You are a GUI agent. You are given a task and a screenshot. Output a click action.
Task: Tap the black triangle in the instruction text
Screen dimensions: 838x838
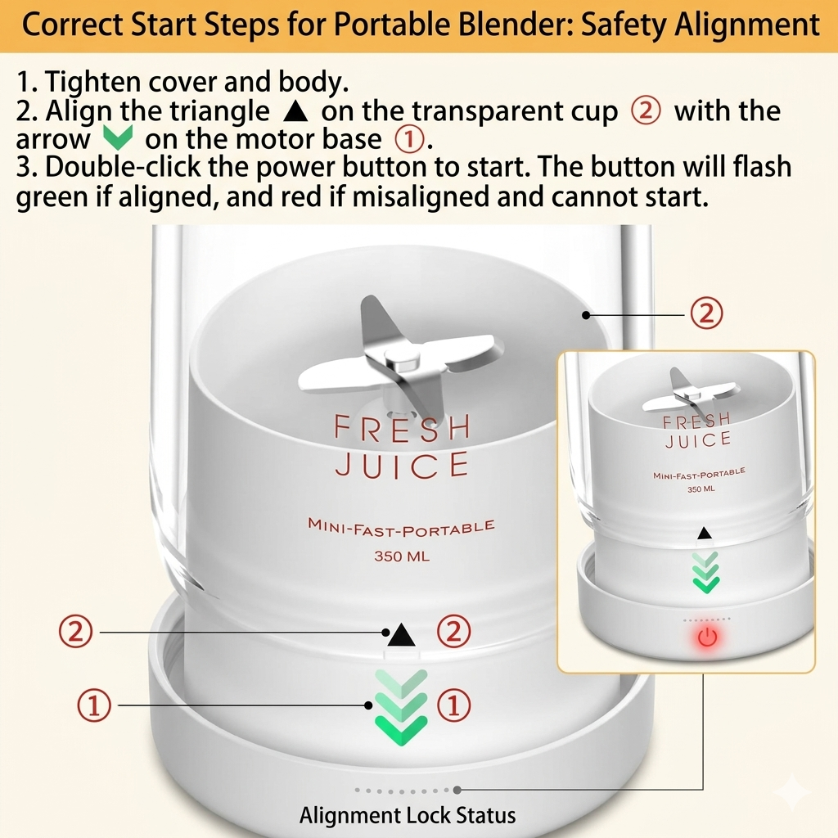pyautogui.click(x=295, y=110)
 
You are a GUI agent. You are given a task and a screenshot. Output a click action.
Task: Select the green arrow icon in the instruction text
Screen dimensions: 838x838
pyautogui.click(x=118, y=138)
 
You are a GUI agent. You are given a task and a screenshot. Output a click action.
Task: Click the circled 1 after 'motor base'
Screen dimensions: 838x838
pyautogui.click(x=409, y=139)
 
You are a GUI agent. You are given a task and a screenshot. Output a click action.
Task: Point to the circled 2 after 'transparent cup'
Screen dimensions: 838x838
pyautogui.click(x=646, y=111)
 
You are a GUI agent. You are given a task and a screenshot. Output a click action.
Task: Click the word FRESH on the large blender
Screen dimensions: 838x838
pyautogui.click(x=402, y=427)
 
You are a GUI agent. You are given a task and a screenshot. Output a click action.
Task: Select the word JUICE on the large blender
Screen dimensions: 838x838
pyautogui.click(x=402, y=464)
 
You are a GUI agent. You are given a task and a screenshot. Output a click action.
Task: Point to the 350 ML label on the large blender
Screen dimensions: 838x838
pyautogui.click(x=402, y=556)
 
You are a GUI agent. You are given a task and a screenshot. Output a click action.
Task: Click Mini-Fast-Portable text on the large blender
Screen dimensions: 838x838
pyautogui.click(x=401, y=526)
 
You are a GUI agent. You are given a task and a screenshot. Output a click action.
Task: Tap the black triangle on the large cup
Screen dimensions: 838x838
pyautogui.click(x=401, y=635)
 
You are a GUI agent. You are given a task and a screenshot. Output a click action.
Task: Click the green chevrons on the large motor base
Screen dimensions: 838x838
pyautogui.click(x=401, y=706)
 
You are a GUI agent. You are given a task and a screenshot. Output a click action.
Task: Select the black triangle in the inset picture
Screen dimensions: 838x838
pyautogui.click(x=705, y=533)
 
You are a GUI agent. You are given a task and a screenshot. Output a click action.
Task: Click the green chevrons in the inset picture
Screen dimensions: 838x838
pyautogui.click(x=705, y=572)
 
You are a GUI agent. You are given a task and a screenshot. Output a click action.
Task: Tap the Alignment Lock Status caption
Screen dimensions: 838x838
pyautogui.click(x=408, y=816)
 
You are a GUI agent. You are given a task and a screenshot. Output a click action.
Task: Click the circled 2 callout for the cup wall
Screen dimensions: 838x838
pyautogui.click(x=706, y=313)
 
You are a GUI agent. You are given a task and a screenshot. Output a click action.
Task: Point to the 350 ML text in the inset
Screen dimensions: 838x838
pyautogui.click(x=701, y=489)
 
